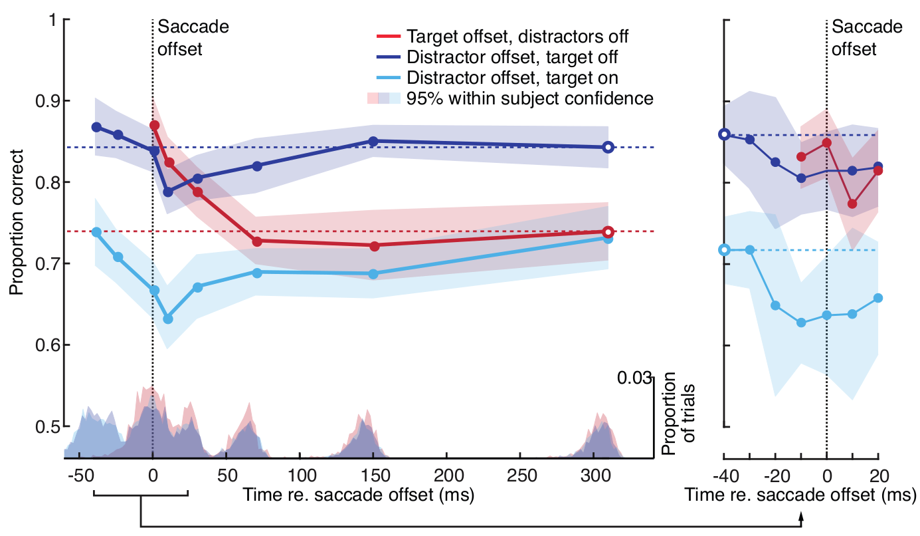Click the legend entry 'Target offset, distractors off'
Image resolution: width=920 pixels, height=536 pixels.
[518, 35]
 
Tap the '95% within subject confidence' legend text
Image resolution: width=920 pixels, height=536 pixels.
[531, 98]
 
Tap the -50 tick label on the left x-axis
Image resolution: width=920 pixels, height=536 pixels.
[79, 476]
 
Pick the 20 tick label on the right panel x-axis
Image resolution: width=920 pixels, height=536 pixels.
[878, 476]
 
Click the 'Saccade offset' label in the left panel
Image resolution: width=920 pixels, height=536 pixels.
[193, 38]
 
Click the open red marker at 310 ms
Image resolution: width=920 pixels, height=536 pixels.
[608, 232]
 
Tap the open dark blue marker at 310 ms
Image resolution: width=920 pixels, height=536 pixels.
[608, 147]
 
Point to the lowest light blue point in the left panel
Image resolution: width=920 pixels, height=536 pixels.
[168, 319]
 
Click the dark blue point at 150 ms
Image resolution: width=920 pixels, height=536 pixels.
[373, 141]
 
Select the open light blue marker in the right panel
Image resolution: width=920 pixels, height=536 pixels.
[725, 250]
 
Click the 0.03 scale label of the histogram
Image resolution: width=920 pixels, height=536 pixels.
[636, 378]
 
